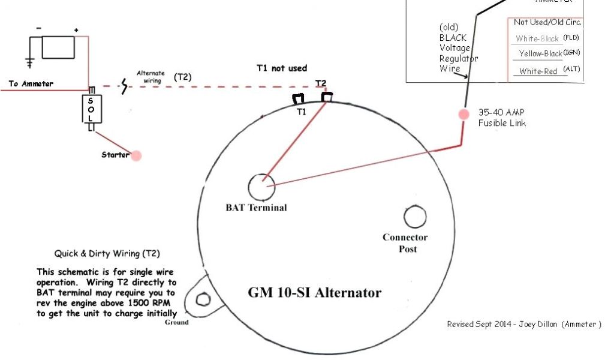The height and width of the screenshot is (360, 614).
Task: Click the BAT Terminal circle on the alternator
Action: point(261,187)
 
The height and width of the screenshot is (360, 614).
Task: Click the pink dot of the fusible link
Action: point(463,114)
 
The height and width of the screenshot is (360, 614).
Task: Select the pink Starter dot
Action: point(136,155)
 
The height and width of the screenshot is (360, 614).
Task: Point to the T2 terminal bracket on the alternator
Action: point(327,97)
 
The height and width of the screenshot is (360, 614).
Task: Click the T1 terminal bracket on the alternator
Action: point(299,99)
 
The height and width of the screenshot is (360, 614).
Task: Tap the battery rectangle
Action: point(58,47)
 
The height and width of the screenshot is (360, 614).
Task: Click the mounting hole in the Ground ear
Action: point(203,298)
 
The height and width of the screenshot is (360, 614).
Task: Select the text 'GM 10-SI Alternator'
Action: point(315,293)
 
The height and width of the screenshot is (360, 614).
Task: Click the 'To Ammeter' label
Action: point(31,84)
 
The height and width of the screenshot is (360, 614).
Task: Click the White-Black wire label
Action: point(537,38)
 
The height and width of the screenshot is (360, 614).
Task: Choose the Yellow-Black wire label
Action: point(540,54)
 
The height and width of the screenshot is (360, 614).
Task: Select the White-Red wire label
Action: point(538,71)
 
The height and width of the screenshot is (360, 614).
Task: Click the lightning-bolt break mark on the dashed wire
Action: point(125,87)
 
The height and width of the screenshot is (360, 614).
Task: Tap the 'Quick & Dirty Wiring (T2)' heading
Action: point(107,254)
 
